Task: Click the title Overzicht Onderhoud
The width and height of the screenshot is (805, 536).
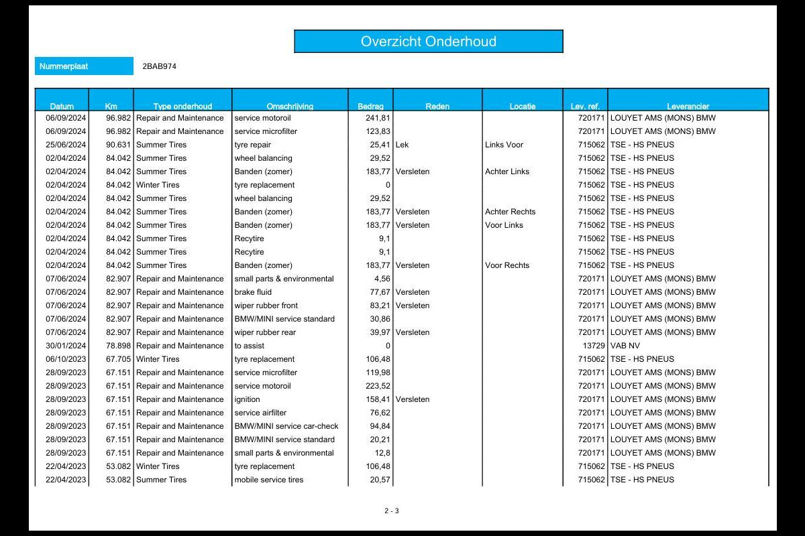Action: coord(428,42)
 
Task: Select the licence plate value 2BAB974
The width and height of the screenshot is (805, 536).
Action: coord(160,66)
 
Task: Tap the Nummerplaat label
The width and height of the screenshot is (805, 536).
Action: coord(64,66)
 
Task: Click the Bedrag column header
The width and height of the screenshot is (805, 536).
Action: coord(370,106)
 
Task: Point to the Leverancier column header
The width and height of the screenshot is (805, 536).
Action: coord(688,106)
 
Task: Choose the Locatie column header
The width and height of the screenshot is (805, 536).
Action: coord(523,106)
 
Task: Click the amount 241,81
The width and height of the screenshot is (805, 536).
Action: coord(377,118)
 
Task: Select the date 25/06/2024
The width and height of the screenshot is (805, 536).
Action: coord(66,145)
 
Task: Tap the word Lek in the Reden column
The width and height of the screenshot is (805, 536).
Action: coord(402,145)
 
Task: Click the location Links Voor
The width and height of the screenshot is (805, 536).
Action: coord(504,145)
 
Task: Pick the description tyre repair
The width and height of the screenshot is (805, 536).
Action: coord(253,145)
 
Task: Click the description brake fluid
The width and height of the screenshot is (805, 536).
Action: coord(253,292)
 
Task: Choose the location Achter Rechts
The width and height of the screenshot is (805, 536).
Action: coord(510,212)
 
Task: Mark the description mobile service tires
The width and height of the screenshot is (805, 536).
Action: coord(268,480)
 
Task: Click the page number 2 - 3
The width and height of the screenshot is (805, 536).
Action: coord(392,511)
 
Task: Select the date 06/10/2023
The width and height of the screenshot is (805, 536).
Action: coord(66,359)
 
